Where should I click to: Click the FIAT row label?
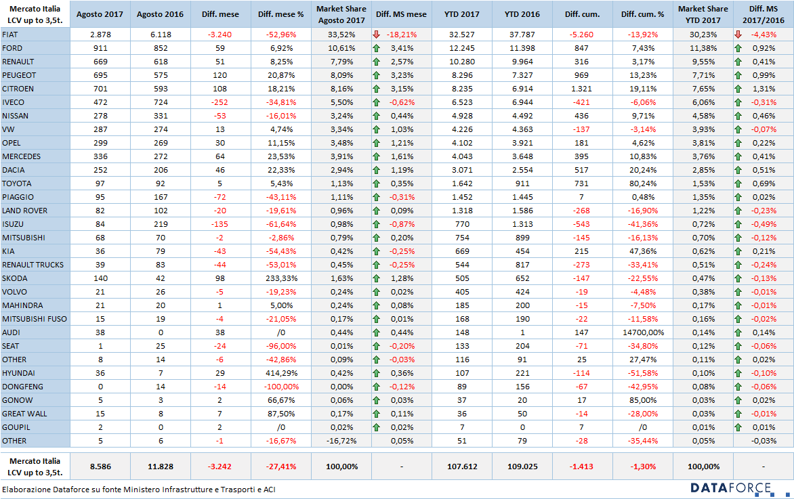9,35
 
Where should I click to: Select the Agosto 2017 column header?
100,14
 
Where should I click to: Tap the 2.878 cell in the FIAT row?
100,35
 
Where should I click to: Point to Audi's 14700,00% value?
643,332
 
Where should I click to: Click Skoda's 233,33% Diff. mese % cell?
281,278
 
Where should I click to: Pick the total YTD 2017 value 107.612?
462,466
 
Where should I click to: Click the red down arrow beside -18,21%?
376,35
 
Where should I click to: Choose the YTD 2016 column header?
522,14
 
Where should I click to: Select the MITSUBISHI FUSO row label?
35,319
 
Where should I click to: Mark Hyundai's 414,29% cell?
281,373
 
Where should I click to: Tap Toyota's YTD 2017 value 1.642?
462,183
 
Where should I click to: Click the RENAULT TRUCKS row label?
33,265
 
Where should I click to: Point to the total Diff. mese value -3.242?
220,466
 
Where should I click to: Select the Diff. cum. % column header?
643,14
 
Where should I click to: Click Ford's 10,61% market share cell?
342,48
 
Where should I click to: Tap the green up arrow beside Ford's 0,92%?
738,48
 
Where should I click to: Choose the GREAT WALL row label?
24,414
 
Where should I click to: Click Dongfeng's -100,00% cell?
281,387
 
